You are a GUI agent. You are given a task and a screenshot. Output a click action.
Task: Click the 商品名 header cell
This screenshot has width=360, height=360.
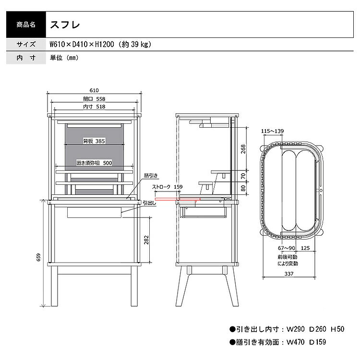[25, 24]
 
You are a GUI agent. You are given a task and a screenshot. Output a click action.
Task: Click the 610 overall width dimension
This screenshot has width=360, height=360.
[94, 90]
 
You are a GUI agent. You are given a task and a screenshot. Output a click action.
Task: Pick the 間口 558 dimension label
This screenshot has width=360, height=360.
[94, 99]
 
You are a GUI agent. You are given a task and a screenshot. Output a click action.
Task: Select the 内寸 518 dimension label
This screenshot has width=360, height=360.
[94, 107]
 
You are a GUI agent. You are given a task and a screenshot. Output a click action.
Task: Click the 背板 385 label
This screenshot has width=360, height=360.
[94, 141]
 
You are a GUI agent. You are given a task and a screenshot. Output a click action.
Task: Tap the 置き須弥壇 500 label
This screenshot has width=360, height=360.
[94, 163]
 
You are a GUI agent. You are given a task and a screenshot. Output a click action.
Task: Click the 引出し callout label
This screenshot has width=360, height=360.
[148, 204]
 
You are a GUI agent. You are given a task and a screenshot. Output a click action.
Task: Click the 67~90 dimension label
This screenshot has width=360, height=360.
[286, 248]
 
